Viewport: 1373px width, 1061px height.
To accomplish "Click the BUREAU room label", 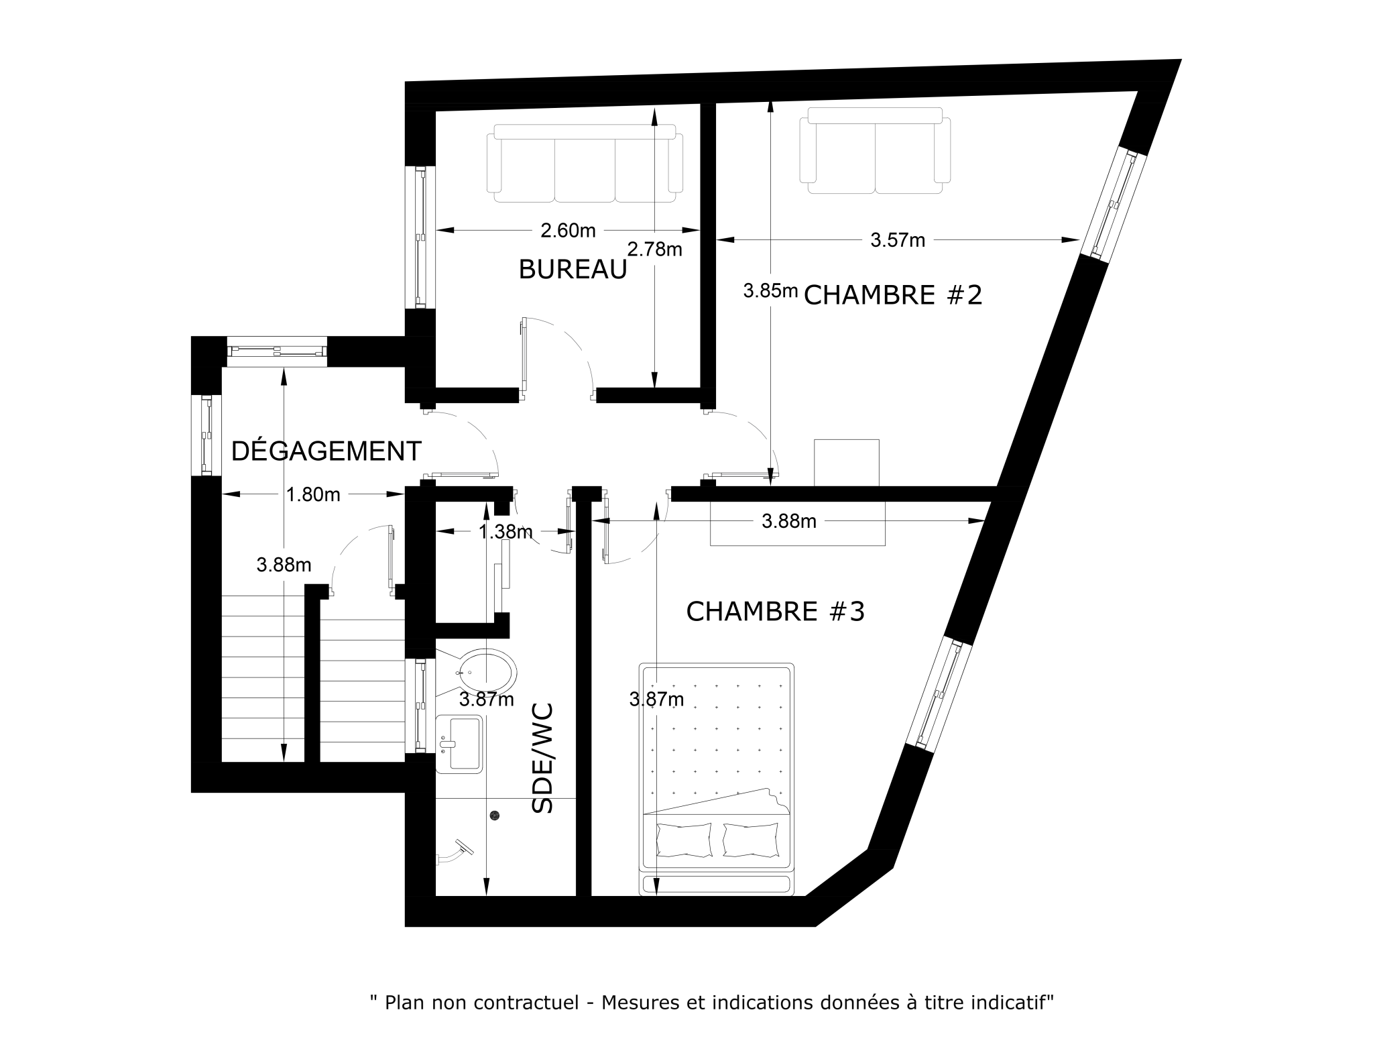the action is point(573,269).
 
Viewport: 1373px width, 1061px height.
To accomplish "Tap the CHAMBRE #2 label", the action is point(892,294).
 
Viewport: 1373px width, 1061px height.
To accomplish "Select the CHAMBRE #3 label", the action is point(776,611).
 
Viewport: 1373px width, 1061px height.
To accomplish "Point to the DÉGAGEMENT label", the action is point(326,451).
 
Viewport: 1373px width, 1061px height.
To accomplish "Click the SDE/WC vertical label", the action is point(542,757).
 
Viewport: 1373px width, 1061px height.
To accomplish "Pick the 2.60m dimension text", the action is point(568,230).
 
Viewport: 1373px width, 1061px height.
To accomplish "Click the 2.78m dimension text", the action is point(655,249).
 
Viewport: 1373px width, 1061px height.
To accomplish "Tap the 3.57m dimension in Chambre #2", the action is point(898,239).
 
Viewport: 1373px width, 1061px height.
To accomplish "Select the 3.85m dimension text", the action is point(770,290).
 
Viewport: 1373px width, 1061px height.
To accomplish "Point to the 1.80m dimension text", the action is point(313,494).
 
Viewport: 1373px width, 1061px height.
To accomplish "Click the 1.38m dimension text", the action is point(505,532).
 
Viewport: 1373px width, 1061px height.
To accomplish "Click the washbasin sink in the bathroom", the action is point(459,744).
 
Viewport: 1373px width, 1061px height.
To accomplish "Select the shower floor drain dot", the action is point(495,815).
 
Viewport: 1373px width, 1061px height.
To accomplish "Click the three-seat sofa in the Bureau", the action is point(585,163).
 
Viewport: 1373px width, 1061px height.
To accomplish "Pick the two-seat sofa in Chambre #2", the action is point(875,150).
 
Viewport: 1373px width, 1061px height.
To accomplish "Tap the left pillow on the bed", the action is point(684,840).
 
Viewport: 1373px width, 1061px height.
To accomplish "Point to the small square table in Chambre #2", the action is point(847,463).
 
